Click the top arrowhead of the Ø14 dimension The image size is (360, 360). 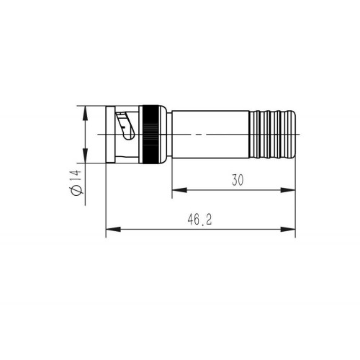click(85, 111)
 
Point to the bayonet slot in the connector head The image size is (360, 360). click(127, 126)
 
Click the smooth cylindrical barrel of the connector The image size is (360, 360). click(209, 135)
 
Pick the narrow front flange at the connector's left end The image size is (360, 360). click(109, 135)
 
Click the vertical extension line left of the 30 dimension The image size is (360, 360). click(171, 180)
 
